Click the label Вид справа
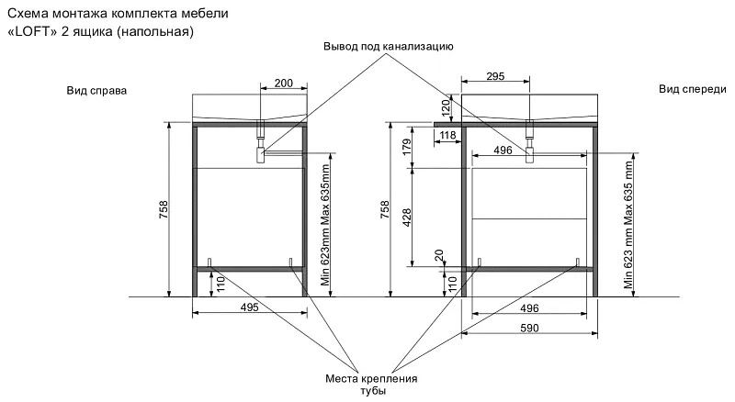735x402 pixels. [96, 91]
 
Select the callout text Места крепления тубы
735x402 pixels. [372, 385]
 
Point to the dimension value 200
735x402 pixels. [284, 84]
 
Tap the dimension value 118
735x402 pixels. [448, 136]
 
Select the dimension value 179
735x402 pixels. [406, 147]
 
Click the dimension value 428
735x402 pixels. [406, 218]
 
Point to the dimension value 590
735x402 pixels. [531, 328]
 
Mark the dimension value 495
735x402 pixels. [249, 307]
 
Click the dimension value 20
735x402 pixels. [438, 253]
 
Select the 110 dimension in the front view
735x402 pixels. [451, 283]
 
